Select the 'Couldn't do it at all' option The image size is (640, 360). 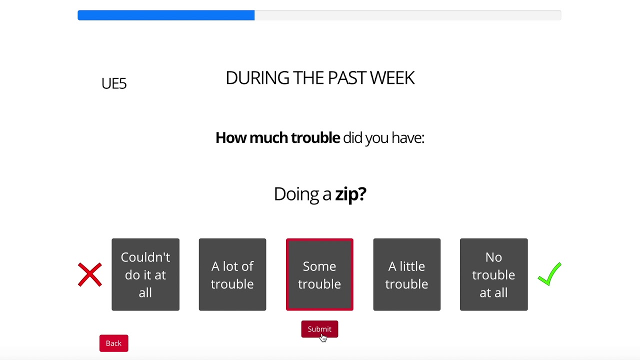click(145, 274)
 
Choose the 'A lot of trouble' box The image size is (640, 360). click(232, 274)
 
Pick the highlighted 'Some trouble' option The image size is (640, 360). click(319, 274)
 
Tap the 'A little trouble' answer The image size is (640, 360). click(406, 274)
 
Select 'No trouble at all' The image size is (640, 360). click(493, 274)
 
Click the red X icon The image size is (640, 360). click(90, 274)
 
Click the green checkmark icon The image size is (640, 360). click(549, 274)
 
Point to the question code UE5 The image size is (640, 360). click(114, 83)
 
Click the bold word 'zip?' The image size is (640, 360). click(350, 194)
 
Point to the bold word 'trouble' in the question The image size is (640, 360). click(315, 138)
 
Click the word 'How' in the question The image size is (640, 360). click(230, 138)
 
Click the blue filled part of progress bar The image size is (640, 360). click(166, 15)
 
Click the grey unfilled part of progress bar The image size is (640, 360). click(407, 15)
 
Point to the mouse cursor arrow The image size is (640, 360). click(323, 337)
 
